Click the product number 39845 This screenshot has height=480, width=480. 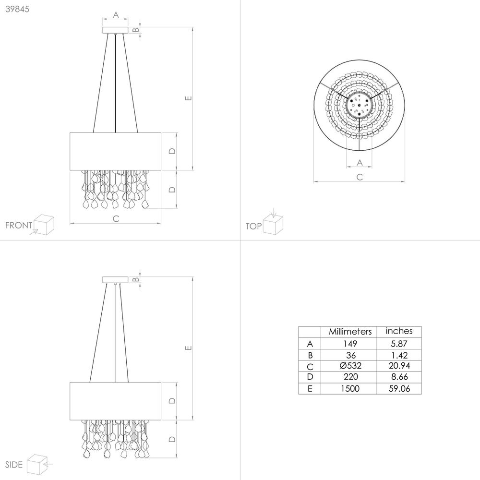pyautogui.click(x=17, y=9)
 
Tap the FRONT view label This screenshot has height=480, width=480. pyautogui.click(x=19, y=225)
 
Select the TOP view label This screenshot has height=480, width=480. pyautogui.click(x=253, y=226)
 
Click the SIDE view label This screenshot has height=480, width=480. pyautogui.click(x=14, y=464)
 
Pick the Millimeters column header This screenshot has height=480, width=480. pyautogui.click(x=350, y=332)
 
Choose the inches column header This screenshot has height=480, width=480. pyautogui.click(x=399, y=331)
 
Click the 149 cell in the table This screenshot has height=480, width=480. pyautogui.click(x=350, y=344)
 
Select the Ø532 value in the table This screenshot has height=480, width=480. pyautogui.click(x=350, y=365)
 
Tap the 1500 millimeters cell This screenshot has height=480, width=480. pyautogui.click(x=350, y=388)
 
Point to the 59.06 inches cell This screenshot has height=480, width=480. pyautogui.click(x=399, y=388)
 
